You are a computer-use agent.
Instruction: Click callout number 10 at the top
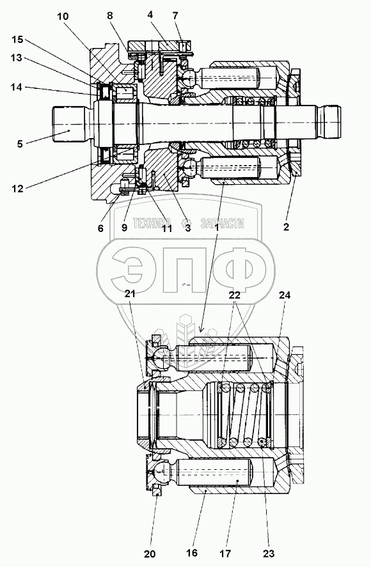tap(63, 16)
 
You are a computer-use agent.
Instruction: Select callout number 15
tap(17, 40)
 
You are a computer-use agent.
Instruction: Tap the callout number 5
tap(20, 144)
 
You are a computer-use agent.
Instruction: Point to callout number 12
tap(17, 189)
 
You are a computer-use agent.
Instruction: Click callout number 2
tap(287, 227)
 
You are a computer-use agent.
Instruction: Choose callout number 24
tap(285, 295)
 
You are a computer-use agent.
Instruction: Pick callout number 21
tap(130, 293)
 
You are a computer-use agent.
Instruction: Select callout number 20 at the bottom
tap(150, 554)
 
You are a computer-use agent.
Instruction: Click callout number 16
tap(192, 553)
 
